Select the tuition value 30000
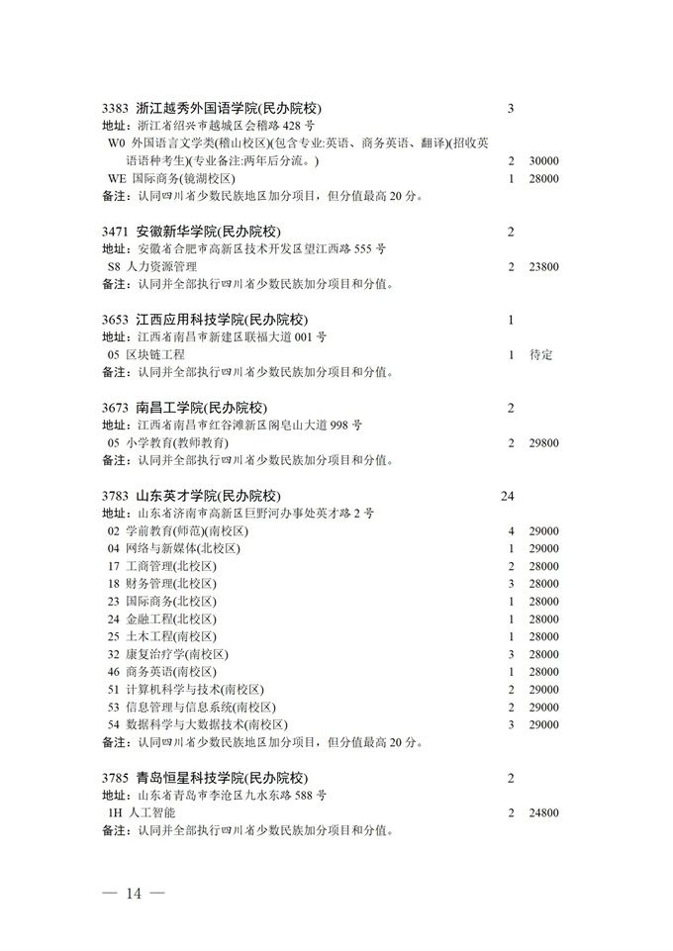tap(544, 161)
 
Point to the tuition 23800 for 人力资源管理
tap(544, 267)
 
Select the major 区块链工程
tap(154, 354)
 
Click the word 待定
tap(541, 354)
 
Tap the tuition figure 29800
tap(544, 442)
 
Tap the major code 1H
tap(116, 812)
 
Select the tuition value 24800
tap(544, 812)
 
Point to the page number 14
tap(134, 894)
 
